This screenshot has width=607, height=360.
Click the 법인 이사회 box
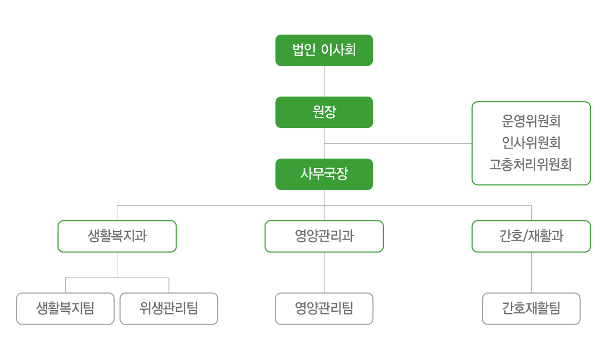[x=324, y=50]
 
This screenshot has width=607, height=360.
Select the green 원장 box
[x=324, y=112]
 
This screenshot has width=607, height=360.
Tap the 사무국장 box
[x=324, y=174]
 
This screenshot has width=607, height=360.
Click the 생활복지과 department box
[x=117, y=236]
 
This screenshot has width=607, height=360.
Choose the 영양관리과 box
[x=324, y=236]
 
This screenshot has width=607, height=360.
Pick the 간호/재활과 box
[x=531, y=236]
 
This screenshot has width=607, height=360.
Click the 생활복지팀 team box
[x=65, y=308]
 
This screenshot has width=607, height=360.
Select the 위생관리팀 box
[x=169, y=308]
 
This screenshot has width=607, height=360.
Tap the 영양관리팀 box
[x=324, y=308]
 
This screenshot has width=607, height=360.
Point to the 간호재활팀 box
[x=531, y=308]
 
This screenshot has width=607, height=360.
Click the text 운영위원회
[x=531, y=121]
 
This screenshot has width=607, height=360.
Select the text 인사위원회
[x=531, y=143]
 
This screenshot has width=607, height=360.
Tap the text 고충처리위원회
[x=531, y=164]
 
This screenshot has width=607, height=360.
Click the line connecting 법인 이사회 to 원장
[x=324, y=81]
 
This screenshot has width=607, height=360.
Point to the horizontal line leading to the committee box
[x=398, y=143]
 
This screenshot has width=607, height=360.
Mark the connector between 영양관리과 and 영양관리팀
[x=324, y=273]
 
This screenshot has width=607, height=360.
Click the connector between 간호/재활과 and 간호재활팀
[x=531, y=273]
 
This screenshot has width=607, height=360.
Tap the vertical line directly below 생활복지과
[x=117, y=265]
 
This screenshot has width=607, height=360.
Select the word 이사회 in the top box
[x=338, y=50]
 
